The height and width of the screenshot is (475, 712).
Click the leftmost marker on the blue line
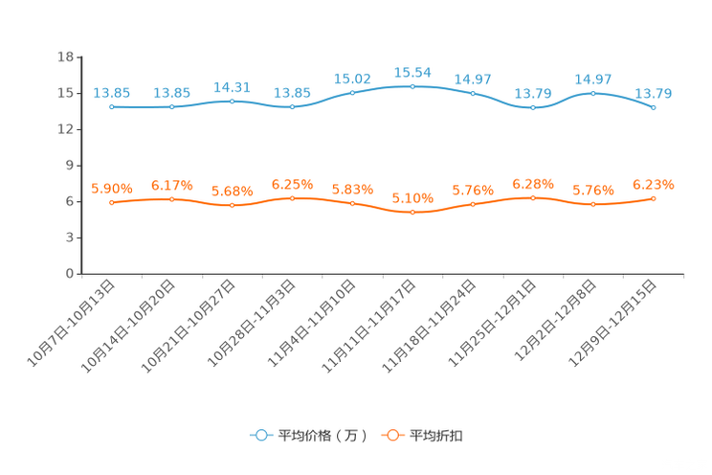(112, 106)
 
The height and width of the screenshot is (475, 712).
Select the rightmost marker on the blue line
(654, 106)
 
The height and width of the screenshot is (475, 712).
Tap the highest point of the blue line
(412, 86)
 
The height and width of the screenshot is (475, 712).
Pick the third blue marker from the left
(233, 100)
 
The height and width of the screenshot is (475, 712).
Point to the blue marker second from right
(593, 93)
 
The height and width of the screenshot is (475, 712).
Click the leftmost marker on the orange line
(112, 202)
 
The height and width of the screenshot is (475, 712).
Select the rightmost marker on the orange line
(654, 198)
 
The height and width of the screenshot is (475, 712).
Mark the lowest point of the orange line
(412, 212)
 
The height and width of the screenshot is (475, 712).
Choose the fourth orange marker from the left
(293, 198)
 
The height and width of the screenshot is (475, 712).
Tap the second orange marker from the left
(172, 199)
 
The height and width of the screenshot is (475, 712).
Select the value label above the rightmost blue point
(654, 93)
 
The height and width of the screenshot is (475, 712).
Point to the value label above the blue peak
(412, 72)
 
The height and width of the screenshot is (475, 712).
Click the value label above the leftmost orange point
(112, 189)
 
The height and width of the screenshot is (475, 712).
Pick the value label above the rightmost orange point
(654, 184)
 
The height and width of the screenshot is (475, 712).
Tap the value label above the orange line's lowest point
(412, 198)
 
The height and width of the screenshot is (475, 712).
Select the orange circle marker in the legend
(391, 435)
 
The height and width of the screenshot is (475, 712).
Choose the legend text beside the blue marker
(322, 436)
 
